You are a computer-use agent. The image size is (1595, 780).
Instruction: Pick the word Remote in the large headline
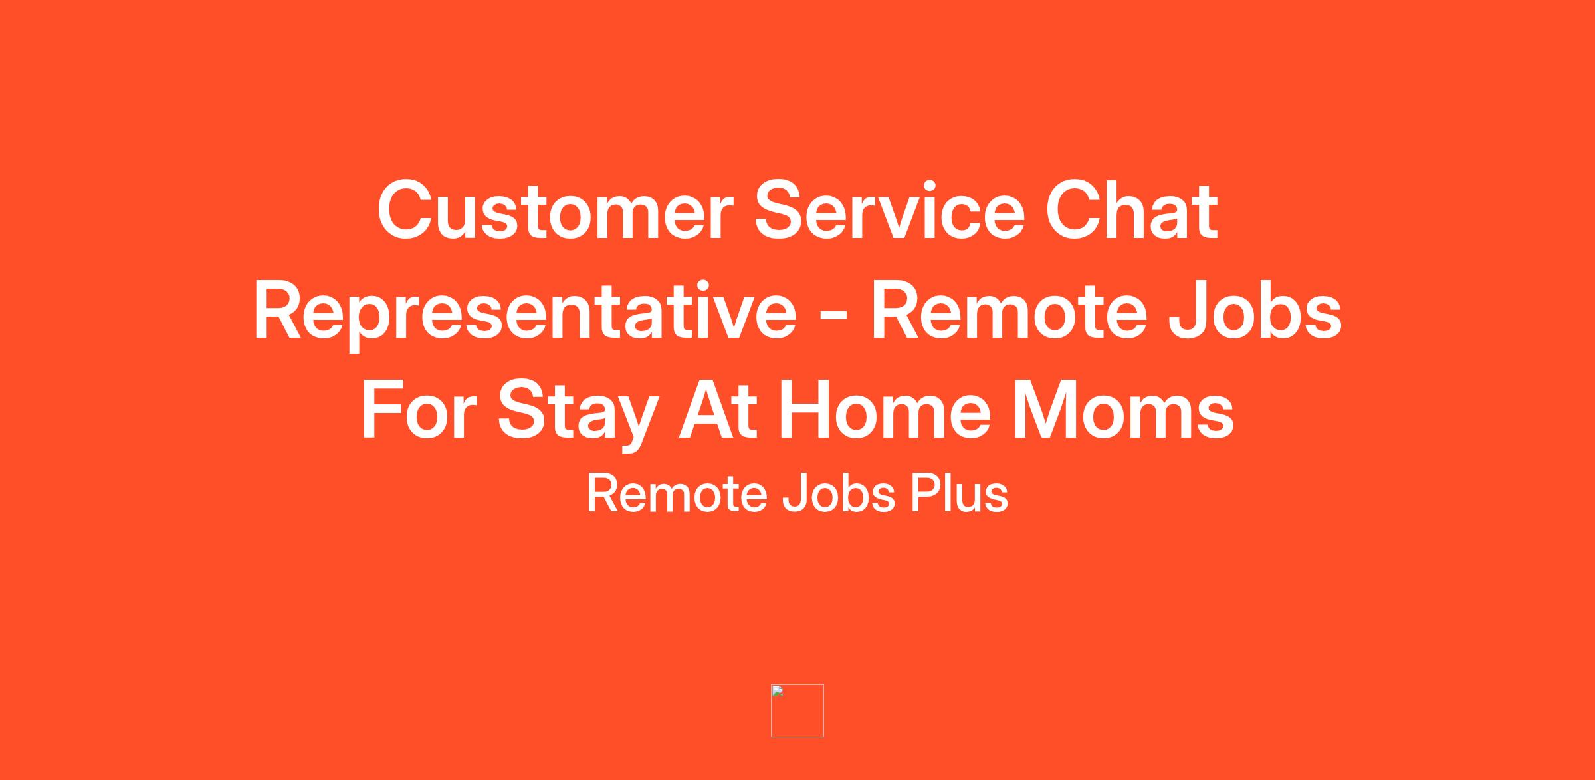point(1009,311)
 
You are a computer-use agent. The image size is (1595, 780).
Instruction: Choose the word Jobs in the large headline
point(1255,311)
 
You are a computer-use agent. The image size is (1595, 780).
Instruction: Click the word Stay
point(578,414)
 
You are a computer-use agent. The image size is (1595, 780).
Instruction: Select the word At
point(718,410)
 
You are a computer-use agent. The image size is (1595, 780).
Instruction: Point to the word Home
point(885,410)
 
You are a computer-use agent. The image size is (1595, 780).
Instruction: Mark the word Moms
point(1123,410)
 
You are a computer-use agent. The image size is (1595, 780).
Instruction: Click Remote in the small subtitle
point(677,493)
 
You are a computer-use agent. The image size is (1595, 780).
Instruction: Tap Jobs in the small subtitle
point(839,493)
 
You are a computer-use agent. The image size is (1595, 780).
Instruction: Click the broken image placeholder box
point(797,710)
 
